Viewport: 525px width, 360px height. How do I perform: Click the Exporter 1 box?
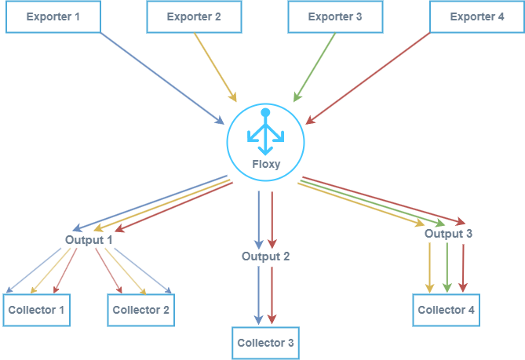(x=53, y=16)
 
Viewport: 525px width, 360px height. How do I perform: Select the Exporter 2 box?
(x=195, y=16)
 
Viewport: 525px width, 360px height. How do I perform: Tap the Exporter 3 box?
(x=335, y=16)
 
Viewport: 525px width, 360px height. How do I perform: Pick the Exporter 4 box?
(x=477, y=16)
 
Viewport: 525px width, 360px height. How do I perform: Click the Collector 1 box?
(x=37, y=310)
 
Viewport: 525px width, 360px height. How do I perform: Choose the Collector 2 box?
(x=140, y=310)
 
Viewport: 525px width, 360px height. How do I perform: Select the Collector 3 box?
(x=266, y=343)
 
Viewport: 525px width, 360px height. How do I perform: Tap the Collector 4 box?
(x=446, y=310)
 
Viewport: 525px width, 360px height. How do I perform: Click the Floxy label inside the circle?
(x=266, y=165)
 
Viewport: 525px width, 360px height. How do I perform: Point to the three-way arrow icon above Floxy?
(x=265, y=133)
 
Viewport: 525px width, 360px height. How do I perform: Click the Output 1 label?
(x=89, y=239)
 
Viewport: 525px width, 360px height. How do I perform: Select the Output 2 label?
(x=266, y=256)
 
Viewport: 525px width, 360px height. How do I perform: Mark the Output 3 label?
(x=448, y=234)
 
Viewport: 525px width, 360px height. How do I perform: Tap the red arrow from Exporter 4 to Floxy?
(x=369, y=77)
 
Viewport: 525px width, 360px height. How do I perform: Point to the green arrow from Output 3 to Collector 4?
(x=447, y=267)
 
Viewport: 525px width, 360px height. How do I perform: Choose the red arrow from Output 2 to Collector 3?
(x=272, y=294)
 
